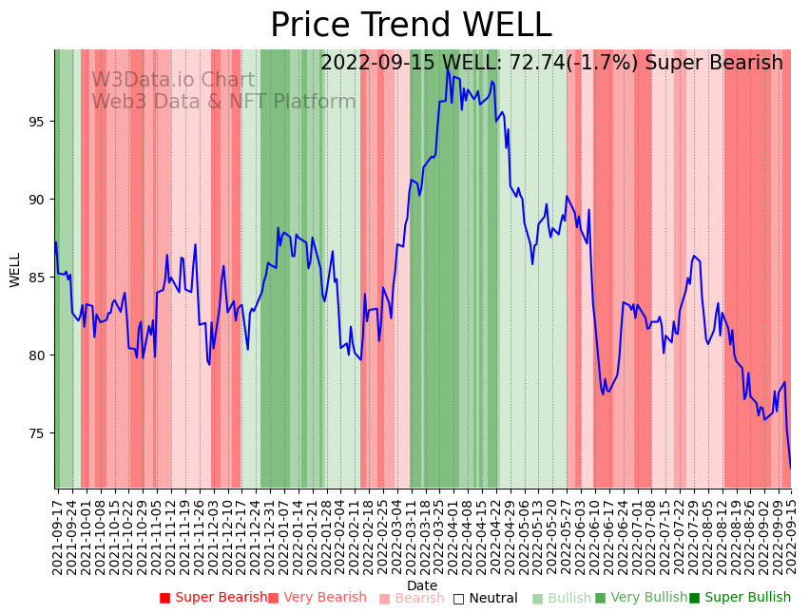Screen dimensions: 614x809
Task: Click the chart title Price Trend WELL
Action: (x=411, y=26)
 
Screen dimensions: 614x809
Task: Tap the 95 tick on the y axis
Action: (x=39, y=122)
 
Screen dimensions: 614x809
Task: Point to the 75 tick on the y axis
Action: (x=39, y=433)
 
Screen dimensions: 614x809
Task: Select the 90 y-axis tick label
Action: (x=39, y=200)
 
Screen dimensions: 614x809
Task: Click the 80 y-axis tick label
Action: (x=39, y=355)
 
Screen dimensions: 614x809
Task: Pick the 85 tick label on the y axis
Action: (x=39, y=278)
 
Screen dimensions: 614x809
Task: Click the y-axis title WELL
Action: (x=15, y=269)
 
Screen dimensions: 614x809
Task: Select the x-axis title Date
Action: (x=422, y=585)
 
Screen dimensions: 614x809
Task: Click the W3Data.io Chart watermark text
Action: (x=173, y=81)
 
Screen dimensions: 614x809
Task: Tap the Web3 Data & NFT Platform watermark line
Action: (x=223, y=103)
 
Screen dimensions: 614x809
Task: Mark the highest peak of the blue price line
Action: (x=447, y=70)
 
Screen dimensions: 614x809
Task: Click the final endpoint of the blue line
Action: (x=790, y=468)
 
